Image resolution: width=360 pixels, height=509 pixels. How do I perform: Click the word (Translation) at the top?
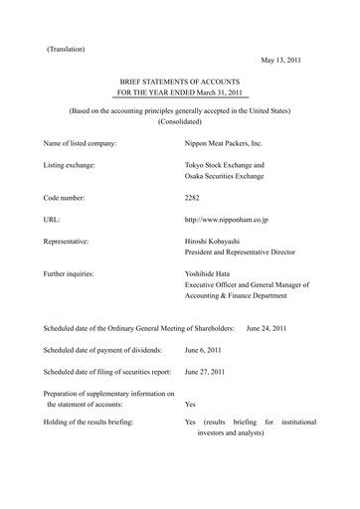pyautogui.click(x=66, y=49)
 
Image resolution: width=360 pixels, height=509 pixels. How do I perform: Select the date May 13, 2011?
pyautogui.click(x=286, y=59)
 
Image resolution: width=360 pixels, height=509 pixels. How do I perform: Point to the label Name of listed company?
pyautogui.click(x=81, y=144)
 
